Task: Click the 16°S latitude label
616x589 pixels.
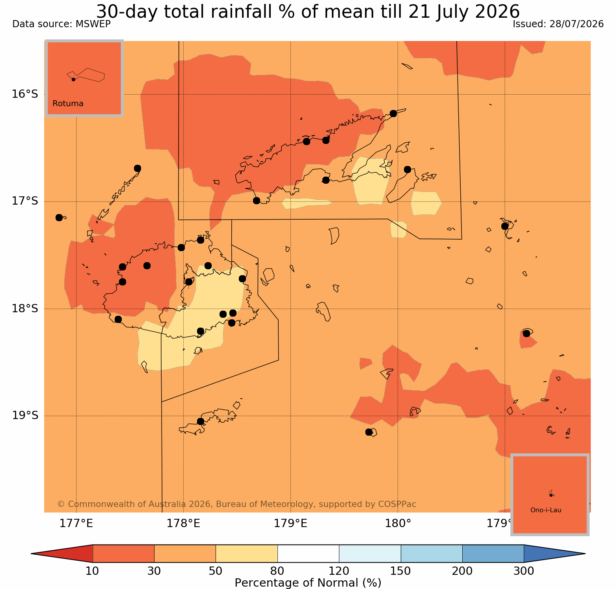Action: click(x=25, y=94)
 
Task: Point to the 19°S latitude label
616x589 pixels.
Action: click(x=25, y=416)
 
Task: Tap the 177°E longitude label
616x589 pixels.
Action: click(x=76, y=524)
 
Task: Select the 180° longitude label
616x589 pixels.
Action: click(x=398, y=524)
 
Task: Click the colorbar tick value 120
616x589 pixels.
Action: click(x=339, y=571)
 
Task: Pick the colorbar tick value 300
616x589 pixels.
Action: click(x=524, y=571)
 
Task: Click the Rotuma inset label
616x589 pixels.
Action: click(x=68, y=104)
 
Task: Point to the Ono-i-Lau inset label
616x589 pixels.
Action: click(x=546, y=510)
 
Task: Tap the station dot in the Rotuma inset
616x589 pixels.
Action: click(x=73, y=79)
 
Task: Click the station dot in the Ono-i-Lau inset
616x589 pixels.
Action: click(x=551, y=495)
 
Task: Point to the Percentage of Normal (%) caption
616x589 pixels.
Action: click(x=308, y=583)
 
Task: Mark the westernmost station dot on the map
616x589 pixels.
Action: click(x=59, y=218)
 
